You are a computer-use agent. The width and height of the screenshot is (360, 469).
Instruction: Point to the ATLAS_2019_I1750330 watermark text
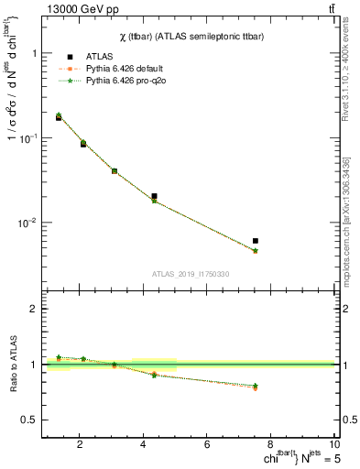pyautogui.click(x=190, y=274)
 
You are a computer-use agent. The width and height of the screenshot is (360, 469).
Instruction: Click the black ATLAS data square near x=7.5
pyautogui.click(x=256, y=241)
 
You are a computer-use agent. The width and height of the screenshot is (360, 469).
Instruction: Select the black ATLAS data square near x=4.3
pyautogui.click(x=154, y=196)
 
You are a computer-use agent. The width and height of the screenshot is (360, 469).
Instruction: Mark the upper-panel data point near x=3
pyautogui.click(x=115, y=171)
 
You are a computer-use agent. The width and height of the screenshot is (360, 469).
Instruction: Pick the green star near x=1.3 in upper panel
pyautogui.click(x=59, y=115)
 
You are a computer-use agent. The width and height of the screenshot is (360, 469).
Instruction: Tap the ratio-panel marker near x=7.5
pyautogui.click(x=256, y=387)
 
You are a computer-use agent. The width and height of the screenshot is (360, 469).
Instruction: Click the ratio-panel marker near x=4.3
pyautogui.click(x=154, y=375)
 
